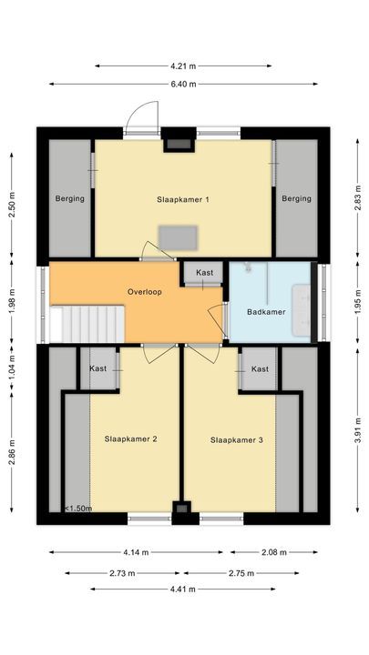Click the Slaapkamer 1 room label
pyautogui.click(x=184, y=198)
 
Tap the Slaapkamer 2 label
pyautogui.click(x=130, y=439)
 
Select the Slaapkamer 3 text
pyautogui.click(x=237, y=439)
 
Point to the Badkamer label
pyautogui.click(x=265, y=312)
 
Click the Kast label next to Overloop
pyautogui.click(x=204, y=273)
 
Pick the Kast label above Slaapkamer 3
pyautogui.click(x=260, y=368)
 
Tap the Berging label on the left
pyautogui.click(x=69, y=198)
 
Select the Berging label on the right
pyautogui.click(x=296, y=198)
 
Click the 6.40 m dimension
pyautogui.click(x=183, y=84)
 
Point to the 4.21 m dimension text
pyautogui.click(x=183, y=65)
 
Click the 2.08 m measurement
pyautogui.click(x=273, y=552)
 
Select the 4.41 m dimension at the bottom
pyautogui.click(x=183, y=589)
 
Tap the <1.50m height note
pyautogui.click(x=78, y=509)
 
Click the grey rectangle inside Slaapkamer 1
pyautogui.click(x=177, y=237)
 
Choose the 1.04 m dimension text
pyautogui.click(x=12, y=370)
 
